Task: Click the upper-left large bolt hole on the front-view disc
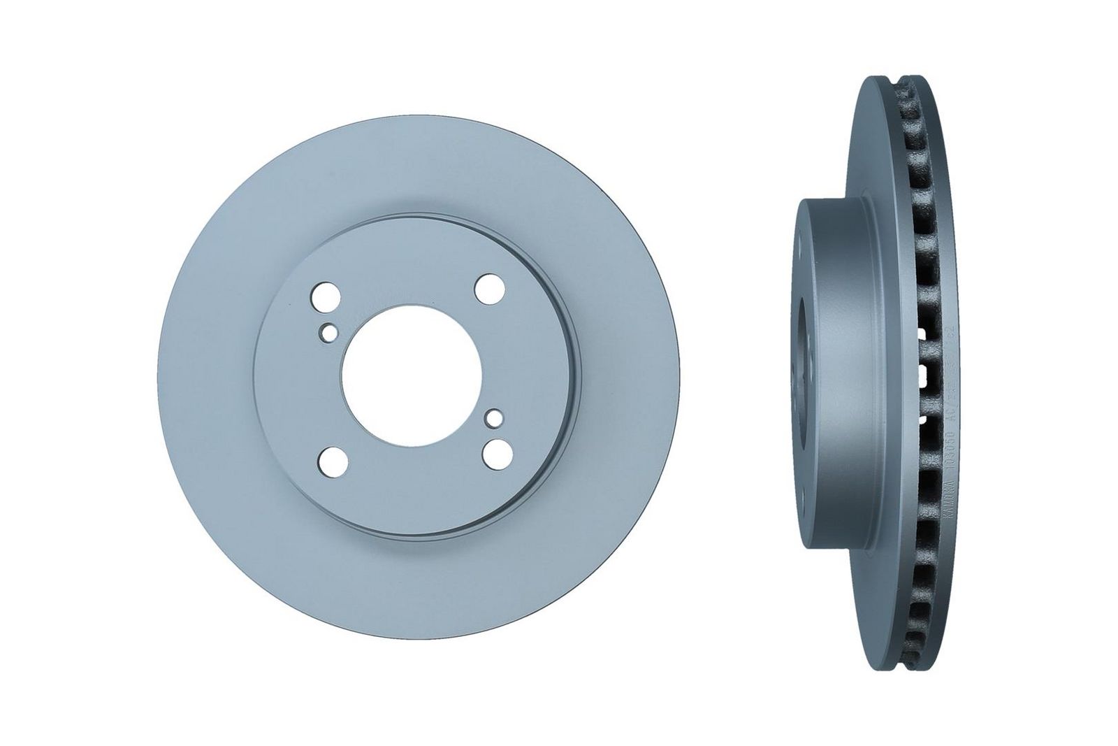(x=324, y=296)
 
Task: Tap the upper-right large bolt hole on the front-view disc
(x=489, y=287)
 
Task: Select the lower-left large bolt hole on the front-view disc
(x=331, y=460)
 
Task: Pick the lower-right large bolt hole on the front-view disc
(x=496, y=450)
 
